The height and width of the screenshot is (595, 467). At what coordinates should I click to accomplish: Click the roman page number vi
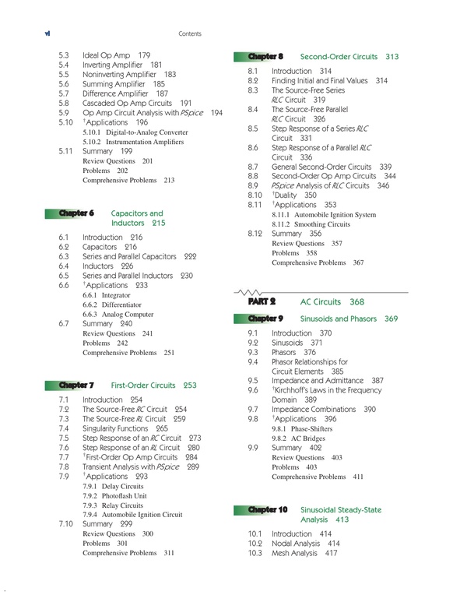tap(26, 33)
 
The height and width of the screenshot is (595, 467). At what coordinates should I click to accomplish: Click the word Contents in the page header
tap(190, 34)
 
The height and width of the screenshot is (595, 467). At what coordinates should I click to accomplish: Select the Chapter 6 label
tap(75, 213)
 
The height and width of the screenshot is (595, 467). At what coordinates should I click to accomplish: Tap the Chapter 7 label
tap(75, 385)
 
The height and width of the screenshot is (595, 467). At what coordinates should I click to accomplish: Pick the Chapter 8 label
tap(264, 57)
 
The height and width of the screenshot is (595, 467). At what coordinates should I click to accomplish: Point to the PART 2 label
tap(262, 301)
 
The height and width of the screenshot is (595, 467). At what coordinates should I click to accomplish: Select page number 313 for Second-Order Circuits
tap(392, 57)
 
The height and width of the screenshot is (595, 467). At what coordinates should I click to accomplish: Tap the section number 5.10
tap(65, 122)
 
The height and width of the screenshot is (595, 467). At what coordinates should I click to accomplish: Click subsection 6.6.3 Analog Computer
tap(118, 314)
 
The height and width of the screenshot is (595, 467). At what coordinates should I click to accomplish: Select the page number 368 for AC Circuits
tap(357, 301)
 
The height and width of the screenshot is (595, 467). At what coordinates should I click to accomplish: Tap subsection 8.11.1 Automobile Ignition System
tap(324, 214)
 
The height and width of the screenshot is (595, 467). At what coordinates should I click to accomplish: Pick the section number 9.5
tap(252, 380)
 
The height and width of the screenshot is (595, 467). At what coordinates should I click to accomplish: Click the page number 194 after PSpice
tap(216, 113)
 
